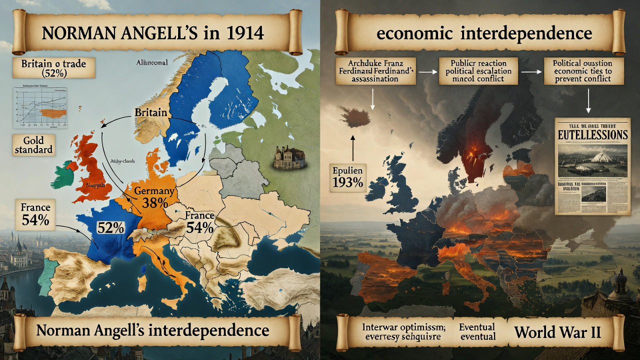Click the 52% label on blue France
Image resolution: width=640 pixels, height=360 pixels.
[x=111, y=227]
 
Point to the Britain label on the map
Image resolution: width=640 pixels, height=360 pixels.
[x=150, y=113]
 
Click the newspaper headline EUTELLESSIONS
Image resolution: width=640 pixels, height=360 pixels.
[x=592, y=135]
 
